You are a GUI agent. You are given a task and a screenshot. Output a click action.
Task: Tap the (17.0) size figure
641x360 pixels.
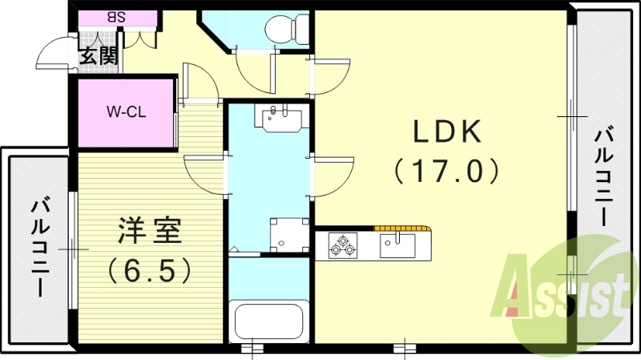[x=446, y=170]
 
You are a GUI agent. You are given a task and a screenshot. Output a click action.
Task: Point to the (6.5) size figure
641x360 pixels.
[x=150, y=269]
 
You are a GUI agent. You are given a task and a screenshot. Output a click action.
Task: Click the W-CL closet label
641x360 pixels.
[x=127, y=111]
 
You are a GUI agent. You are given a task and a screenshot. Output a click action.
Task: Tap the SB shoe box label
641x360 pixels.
[x=118, y=16]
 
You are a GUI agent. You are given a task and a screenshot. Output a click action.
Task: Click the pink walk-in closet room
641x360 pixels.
[x=125, y=112]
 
